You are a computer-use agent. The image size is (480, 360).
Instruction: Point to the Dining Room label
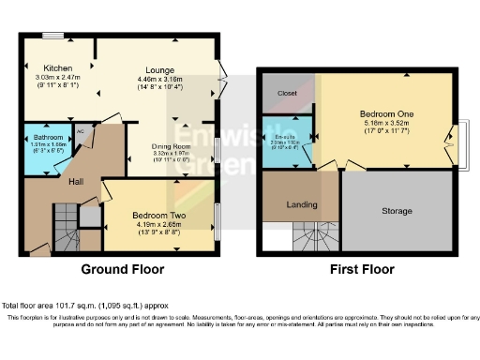[172, 147]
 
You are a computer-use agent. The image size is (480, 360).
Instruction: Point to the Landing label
[301, 205]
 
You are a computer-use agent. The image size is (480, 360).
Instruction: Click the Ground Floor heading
[123, 269]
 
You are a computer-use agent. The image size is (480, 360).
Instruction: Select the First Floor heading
[362, 269]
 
